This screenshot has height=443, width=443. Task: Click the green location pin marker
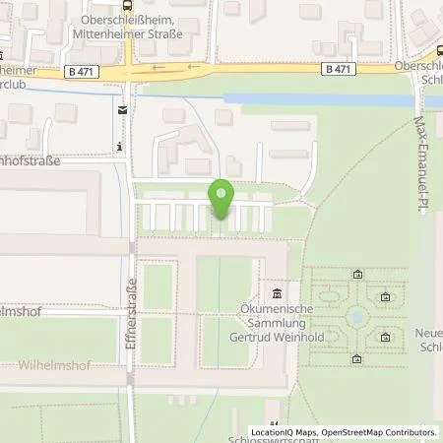[221, 201]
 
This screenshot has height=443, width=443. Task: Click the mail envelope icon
[120, 109]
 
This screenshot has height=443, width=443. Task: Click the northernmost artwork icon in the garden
[356, 275]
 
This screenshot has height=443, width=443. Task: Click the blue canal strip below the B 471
[315, 99]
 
